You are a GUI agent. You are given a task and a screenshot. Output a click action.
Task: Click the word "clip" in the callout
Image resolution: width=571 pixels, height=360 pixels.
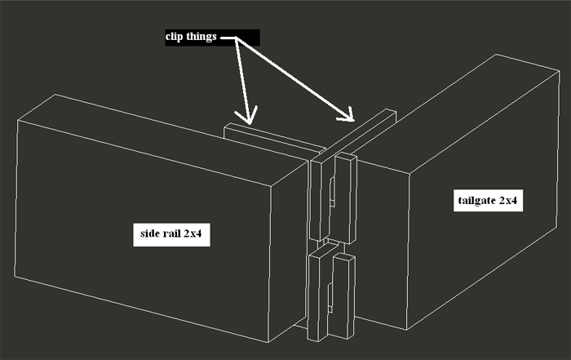[174, 37]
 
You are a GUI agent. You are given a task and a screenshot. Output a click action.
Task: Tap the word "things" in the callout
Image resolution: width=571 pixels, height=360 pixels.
[201, 37]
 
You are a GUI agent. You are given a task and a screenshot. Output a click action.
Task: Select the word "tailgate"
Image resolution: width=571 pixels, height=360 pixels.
[476, 200]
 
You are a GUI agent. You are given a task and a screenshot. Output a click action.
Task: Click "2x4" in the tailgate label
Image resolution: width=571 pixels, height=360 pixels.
[508, 200]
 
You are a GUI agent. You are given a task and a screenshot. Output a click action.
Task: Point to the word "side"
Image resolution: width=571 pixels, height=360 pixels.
[149, 233]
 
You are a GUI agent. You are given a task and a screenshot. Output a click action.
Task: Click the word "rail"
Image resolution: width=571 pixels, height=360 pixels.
[170, 233]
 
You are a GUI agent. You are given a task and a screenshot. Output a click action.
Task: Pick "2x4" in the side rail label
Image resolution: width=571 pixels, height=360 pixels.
[193, 233]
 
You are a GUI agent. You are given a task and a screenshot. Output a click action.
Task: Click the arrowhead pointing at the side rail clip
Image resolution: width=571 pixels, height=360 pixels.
[248, 116]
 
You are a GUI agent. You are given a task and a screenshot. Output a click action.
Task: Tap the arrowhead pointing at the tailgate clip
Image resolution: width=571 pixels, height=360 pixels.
[347, 115]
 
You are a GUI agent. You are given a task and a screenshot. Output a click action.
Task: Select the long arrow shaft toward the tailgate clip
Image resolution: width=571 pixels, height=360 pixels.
[294, 78]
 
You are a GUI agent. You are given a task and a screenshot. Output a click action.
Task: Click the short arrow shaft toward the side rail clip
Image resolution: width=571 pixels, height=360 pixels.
[242, 79]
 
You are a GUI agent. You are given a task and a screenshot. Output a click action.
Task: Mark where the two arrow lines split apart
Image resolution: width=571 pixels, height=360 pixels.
[236, 38]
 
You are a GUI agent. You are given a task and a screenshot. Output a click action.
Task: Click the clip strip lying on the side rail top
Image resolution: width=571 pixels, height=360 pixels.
[274, 140]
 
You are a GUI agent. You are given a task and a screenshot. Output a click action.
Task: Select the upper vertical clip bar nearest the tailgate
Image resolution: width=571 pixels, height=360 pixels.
[345, 198]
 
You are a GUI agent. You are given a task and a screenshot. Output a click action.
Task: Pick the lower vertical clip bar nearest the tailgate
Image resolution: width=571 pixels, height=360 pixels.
[342, 296]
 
